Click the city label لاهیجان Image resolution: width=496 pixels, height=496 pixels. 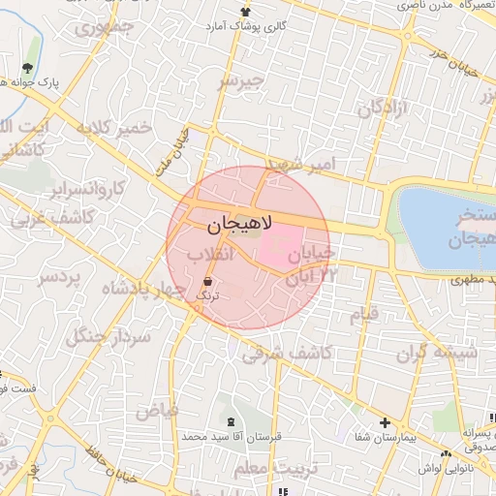pyautogui.click(x=239, y=224)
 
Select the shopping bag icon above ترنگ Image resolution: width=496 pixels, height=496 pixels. pyautogui.click(x=208, y=280)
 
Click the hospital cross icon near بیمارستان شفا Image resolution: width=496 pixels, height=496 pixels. pyautogui.click(x=386, y=422)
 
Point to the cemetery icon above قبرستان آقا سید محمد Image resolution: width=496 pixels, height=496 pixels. pyautogui.click(x=231, y=421)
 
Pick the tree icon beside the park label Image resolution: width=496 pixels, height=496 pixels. pyautogui.click(x=26, y=69)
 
